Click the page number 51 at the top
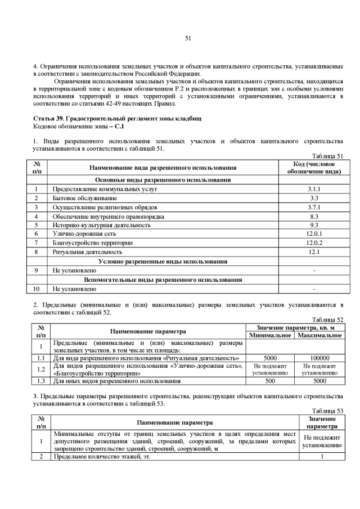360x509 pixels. tap(188, 38)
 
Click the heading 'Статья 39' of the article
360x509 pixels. tap(49, 119)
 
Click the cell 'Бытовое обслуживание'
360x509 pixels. tap(85, 199)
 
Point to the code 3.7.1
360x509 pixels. tap(314, 208)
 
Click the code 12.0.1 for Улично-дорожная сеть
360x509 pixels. tap(314, 234)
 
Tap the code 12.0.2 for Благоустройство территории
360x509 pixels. tap(314, 243)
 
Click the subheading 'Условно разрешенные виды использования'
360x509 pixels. tap(163, 262)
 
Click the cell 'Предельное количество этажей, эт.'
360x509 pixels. tap(104, 457)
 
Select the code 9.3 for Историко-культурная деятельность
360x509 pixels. tap(314, 225)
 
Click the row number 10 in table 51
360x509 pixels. tap(36, 289)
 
